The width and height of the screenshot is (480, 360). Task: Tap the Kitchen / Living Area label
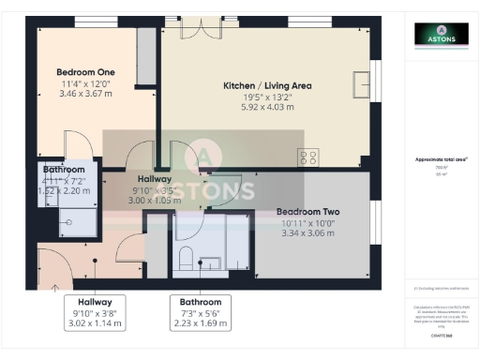pos(267,86)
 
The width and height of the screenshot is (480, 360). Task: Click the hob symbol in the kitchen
pos(309,157)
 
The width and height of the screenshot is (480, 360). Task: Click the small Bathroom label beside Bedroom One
pos(64,170)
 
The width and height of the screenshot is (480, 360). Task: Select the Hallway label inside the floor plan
pos(154,178)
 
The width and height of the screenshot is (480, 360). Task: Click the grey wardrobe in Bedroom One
pos(145,58)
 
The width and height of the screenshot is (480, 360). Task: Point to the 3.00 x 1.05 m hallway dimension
pos(154,200)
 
